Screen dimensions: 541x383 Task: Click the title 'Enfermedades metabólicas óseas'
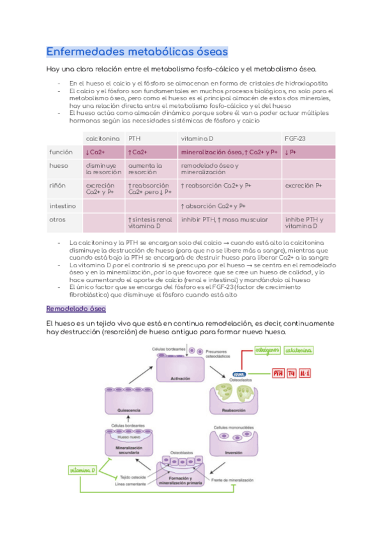click(137, 51)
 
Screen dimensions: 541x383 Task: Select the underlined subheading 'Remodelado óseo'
click(76, 309)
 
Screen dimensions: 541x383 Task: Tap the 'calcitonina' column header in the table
click(102, 138)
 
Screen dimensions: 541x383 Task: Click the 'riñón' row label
click(58, 185)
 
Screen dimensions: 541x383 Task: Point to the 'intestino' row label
click(63, 206)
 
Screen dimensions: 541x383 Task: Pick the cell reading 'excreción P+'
click(304, 185)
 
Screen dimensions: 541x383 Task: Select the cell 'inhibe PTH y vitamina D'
click(304, 223)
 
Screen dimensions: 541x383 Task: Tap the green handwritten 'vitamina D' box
click(84, 470)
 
